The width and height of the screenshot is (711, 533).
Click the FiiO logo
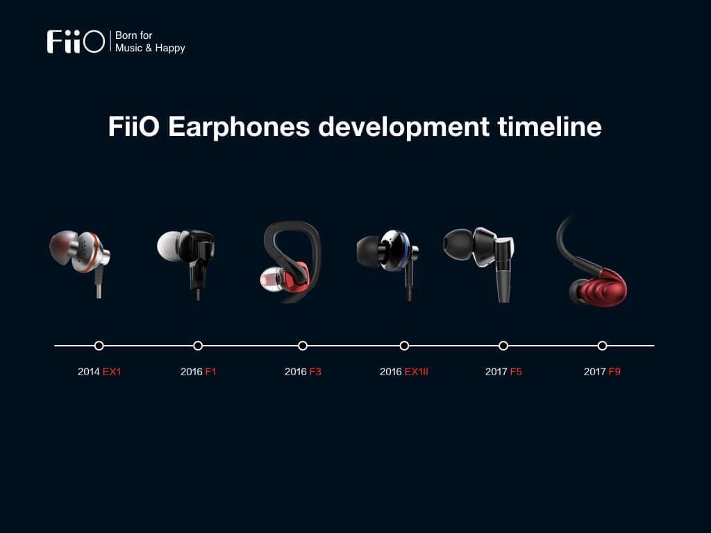pos(76,42)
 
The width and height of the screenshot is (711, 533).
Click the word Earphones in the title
pos(239,126)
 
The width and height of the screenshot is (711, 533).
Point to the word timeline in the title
pos(550,126)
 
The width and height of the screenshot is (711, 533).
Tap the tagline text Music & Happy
pos(150,48)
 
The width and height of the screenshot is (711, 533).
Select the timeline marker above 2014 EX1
pos(99,346)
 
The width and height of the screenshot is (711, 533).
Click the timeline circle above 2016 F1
pos(198,346)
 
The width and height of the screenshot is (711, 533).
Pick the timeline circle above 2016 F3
pos(303,346)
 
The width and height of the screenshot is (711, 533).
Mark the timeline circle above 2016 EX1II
pos(404,346)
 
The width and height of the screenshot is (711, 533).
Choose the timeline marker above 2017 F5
pos(503,346)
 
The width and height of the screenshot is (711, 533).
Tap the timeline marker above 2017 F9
pos(602,346)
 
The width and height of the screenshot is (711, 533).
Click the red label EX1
pos(112,372)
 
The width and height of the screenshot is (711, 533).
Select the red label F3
pos(315,372)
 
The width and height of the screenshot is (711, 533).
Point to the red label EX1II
pos(417,372)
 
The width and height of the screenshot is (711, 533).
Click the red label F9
pos(614,372)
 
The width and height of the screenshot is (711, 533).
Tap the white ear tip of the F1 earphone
pos(169,246)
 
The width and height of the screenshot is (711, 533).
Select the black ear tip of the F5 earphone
pos(458,244)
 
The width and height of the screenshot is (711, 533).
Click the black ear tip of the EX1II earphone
pos(368,251)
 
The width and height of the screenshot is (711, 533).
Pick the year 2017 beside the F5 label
pos(496,372)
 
